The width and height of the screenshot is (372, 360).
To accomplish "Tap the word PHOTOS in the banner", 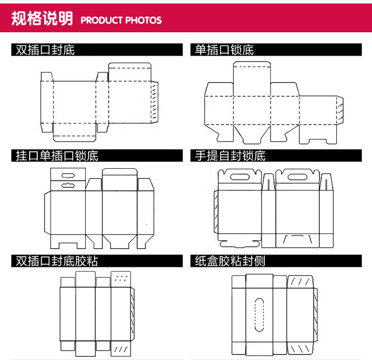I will tap(143, 20).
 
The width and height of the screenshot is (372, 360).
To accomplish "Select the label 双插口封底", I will tap(45, 50).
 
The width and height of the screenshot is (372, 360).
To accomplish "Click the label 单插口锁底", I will tap(224, 50).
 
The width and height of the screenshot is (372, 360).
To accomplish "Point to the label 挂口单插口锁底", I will tap(57, 155).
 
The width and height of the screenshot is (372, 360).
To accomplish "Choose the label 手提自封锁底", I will tap(230, 155).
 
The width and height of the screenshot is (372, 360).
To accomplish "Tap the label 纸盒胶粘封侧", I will tap(230, 261).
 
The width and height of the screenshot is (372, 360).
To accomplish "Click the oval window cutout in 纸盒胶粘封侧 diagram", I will tap(258, 314).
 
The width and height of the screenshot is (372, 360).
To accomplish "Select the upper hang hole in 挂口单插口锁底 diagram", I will tap(68, 174).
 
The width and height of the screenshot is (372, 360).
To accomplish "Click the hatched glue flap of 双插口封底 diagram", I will tap(155, 102).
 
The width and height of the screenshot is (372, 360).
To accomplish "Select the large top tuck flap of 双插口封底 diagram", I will tap(129, 72).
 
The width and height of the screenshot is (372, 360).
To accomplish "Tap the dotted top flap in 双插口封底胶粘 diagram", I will tap(121, 279).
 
